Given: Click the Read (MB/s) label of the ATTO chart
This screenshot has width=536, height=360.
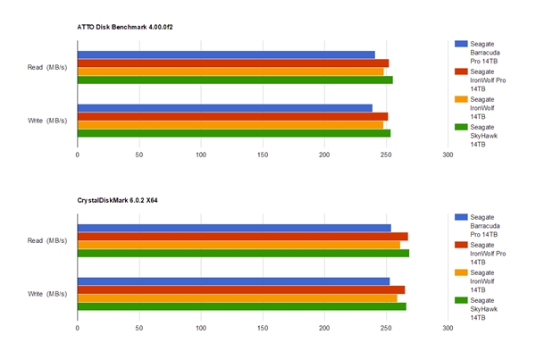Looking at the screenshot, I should tap(46, 67).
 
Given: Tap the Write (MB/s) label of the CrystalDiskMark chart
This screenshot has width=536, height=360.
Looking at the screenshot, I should tap(46, 294).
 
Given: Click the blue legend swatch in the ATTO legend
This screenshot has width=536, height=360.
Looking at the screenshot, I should tap(461, 43).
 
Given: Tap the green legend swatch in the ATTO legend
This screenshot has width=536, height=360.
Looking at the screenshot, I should tap(461, 126).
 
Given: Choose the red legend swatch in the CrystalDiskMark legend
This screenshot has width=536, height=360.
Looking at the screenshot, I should tap(461, 244).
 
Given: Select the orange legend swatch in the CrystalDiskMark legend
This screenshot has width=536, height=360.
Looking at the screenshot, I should tap(461, 272).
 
